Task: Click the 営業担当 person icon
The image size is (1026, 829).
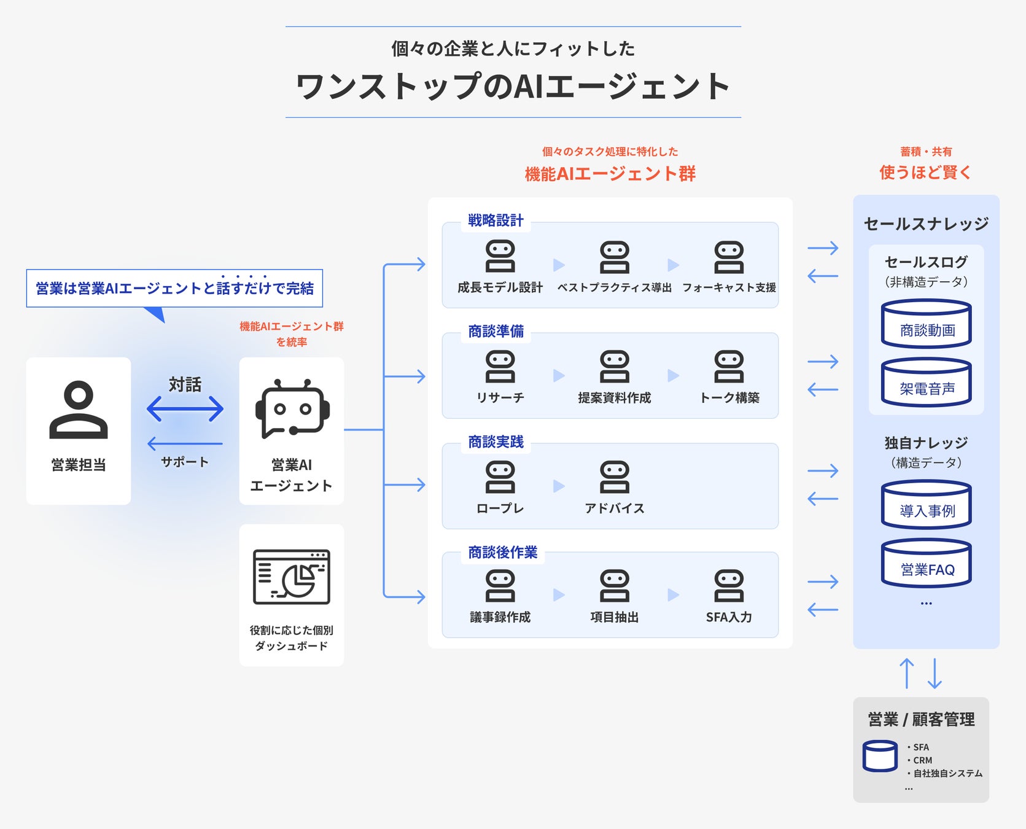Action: pos(79,410)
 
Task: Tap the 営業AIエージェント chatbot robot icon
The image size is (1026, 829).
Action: pos(292,408)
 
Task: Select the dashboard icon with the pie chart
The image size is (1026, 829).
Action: pos(292,577)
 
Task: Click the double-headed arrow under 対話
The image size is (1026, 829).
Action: pos(185,409)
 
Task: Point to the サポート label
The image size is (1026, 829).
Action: pos(185,462)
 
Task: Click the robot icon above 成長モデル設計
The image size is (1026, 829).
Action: pos(500,257)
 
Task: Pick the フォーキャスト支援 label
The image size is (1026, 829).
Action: pos(729,287)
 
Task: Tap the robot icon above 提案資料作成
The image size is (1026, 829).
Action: pos(615,367)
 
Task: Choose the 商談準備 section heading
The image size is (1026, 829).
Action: pos(496,332)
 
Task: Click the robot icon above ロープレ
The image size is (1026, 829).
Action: pos(500,477)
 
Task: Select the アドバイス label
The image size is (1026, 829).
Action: pos(615,508)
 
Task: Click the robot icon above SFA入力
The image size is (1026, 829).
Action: pos(729,586)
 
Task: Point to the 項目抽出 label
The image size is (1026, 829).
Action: pos(615,617)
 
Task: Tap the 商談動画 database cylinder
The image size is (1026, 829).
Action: pos(927,324)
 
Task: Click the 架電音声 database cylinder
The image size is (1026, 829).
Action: pos(927,382)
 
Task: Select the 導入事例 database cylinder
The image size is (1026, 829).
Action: pos(927,504)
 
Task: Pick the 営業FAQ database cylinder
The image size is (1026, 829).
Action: pos(927,563)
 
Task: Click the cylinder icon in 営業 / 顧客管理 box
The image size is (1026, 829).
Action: pos(880,757)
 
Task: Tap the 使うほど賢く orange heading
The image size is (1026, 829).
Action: pos(926,173)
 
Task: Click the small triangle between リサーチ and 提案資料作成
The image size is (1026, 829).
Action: pos(559,375)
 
